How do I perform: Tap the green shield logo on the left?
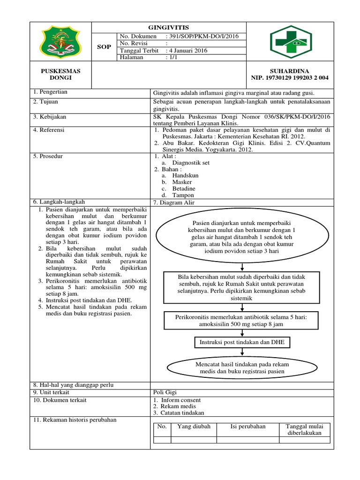tap(61, 42)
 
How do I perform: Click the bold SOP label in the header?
tap(104, 47)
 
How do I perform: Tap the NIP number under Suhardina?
tap(290, 78)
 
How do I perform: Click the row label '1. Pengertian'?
tap(51, 92)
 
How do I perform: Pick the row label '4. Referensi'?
tap(49, 130)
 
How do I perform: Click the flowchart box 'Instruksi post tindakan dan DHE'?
tap(241, 343)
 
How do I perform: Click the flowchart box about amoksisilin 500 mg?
tap(241, 321)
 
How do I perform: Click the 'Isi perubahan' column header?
tap(248, 427)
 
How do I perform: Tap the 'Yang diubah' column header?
tap(194, 427)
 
